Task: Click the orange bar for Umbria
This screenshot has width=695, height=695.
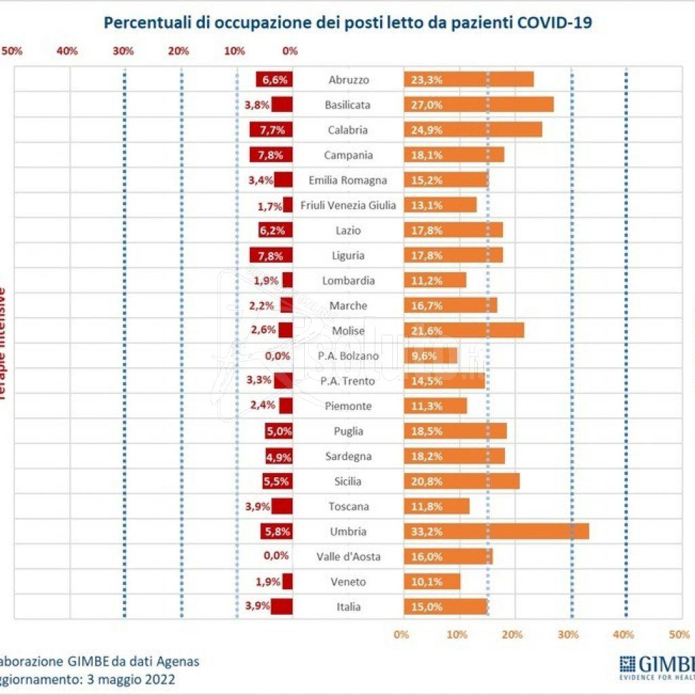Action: [x=496, y=531]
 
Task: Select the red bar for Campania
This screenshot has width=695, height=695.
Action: [x=271, y=155]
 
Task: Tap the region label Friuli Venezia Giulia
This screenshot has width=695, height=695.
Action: [x=348, y=205]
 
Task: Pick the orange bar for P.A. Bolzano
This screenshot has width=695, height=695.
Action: [x=430, y=356]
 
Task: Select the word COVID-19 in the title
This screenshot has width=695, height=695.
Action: [x=555, y=22]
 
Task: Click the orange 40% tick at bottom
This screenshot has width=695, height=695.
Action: [x=623, y=635]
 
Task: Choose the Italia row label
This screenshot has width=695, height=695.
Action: [x=348, y=607]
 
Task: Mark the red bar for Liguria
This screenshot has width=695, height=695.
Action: [x=271, y=255]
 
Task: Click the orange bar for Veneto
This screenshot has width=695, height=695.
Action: [x=432, y=582]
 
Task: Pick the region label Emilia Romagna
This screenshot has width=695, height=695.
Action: [x=348, y=180]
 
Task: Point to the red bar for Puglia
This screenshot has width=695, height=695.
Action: [x=278, y=431]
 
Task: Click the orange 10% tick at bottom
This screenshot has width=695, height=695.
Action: [x=457, y=635]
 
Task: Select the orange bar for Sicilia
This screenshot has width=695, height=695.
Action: [x=462, y=481]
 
